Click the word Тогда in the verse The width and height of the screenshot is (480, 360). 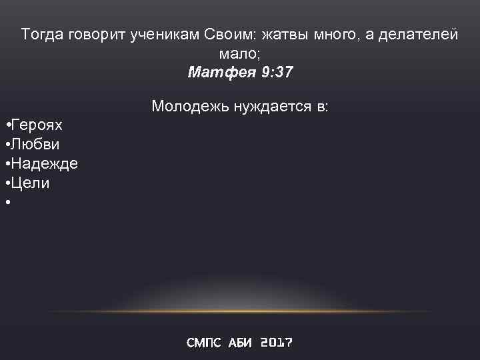pyautogui.click(x=42, y=35)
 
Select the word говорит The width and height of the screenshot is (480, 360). pyautogui.click(x=94, y=35)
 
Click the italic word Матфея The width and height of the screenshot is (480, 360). pyautogui.click(x=221, y=72)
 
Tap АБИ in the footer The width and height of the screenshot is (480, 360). pyautogui.click(x=241, y=343)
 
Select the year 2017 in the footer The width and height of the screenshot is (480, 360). pyautogui.click(x=276, y=343)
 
